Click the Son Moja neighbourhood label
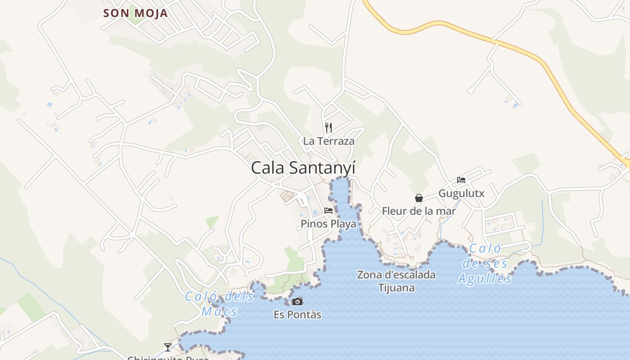(135, 13)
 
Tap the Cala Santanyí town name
(303, 168)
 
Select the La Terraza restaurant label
(328, 141)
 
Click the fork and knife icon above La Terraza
(328, 128)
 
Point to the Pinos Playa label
(328, 224)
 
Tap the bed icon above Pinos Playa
(328, 210)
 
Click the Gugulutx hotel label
(461, 193)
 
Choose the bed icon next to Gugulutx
(461, 180)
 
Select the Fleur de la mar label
(418, 211)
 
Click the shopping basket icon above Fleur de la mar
(419, 198)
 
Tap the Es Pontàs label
(297, 315)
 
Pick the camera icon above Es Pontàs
(297, 301)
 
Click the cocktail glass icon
(168, 347)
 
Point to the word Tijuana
(396, 288)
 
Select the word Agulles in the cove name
(485, 279)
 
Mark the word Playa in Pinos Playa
(343, 224)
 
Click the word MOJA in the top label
(151, 13)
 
